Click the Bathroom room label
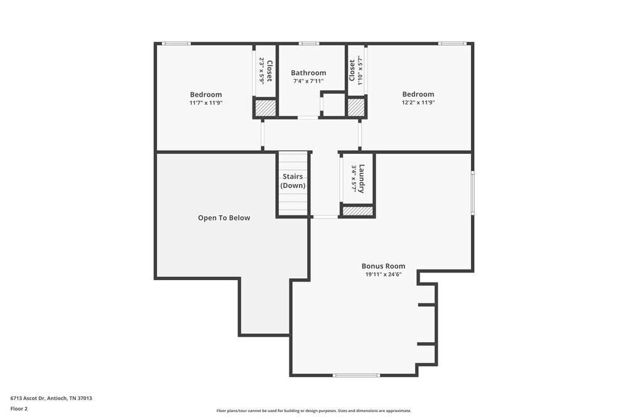[x=308, y=73]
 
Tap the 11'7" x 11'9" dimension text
[x=206, y=102]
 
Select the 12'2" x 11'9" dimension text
[x=418, y=102]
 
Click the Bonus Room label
[x=383, y=266]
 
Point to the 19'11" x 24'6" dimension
[x=383, y=274]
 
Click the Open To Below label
[x=224, y=218]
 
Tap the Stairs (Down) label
[x=293, y=181]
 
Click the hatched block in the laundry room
[x=357, y=211]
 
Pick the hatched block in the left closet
[x=265, y=108]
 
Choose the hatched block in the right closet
[x=356, y=108]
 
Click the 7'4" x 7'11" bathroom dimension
[x=308, y=82]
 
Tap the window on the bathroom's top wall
[x=308, y=43]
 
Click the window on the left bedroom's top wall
[x=176, y=43]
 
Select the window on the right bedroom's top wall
[x=452, y=43]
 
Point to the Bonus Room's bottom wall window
[x=356, y=376]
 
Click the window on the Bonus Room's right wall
[x=472, y=193]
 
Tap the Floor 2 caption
[x=19, y=408]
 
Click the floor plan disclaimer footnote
[x=314, y=411]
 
